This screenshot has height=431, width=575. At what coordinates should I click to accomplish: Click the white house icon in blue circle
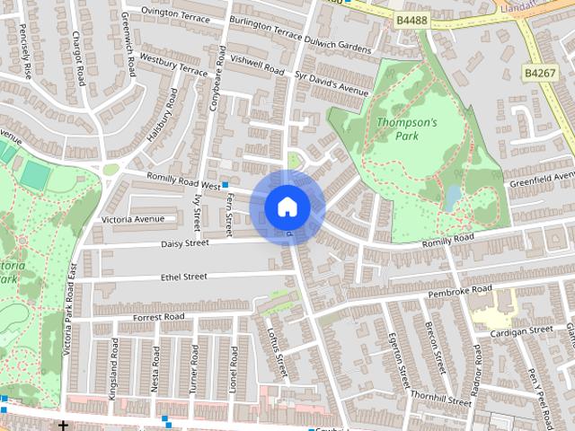pos(287,207)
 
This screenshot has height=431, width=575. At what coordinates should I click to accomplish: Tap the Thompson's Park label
pos(406,129)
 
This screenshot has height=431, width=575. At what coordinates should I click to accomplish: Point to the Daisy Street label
pos(184,243)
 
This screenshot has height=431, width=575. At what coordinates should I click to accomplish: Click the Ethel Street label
pos(183,277)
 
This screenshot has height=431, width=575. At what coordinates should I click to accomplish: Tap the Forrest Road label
pos(158,317)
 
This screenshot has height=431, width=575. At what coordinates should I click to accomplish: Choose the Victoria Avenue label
pos(133,219)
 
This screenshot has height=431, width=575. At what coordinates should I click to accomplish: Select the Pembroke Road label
pos(460,291)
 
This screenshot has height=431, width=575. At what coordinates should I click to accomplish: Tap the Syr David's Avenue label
pos(332,84)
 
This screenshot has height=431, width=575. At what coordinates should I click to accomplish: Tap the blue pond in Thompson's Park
pos(453,197)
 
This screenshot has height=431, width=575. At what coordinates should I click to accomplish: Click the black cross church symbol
pos(63,426)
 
